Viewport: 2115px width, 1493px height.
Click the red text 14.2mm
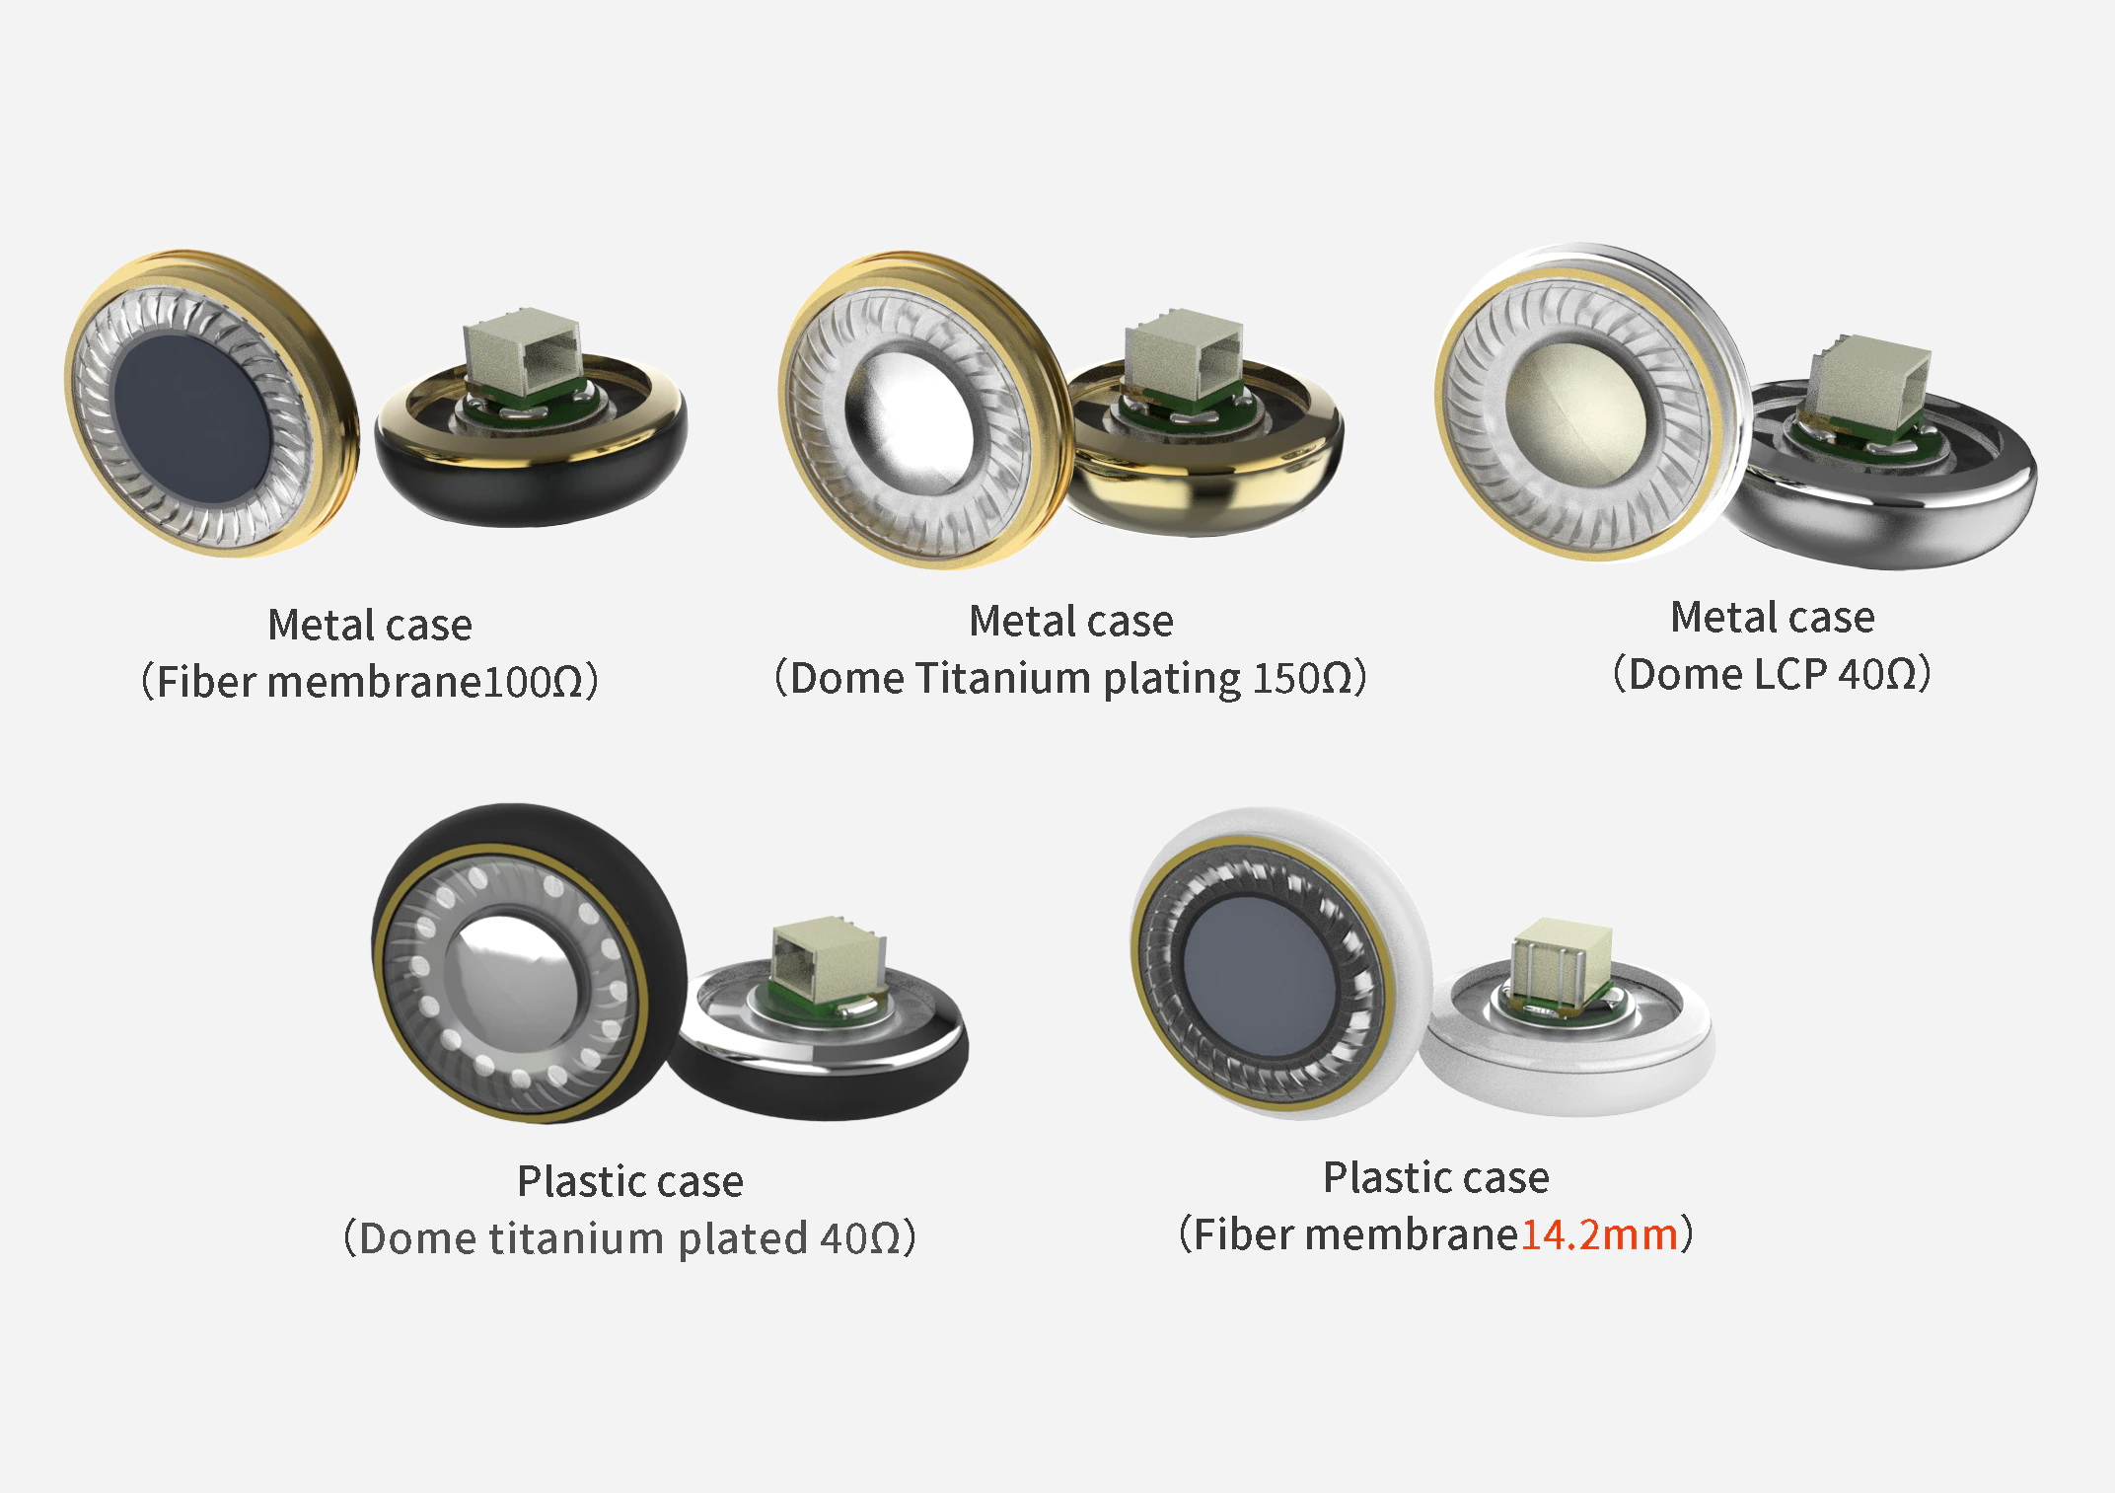pos(1598,1234)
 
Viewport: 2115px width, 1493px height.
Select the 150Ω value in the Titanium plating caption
pos(1301,678)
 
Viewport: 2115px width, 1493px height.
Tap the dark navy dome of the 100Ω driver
pos(192,408)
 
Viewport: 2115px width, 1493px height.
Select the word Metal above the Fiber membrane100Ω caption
pos(322,625)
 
